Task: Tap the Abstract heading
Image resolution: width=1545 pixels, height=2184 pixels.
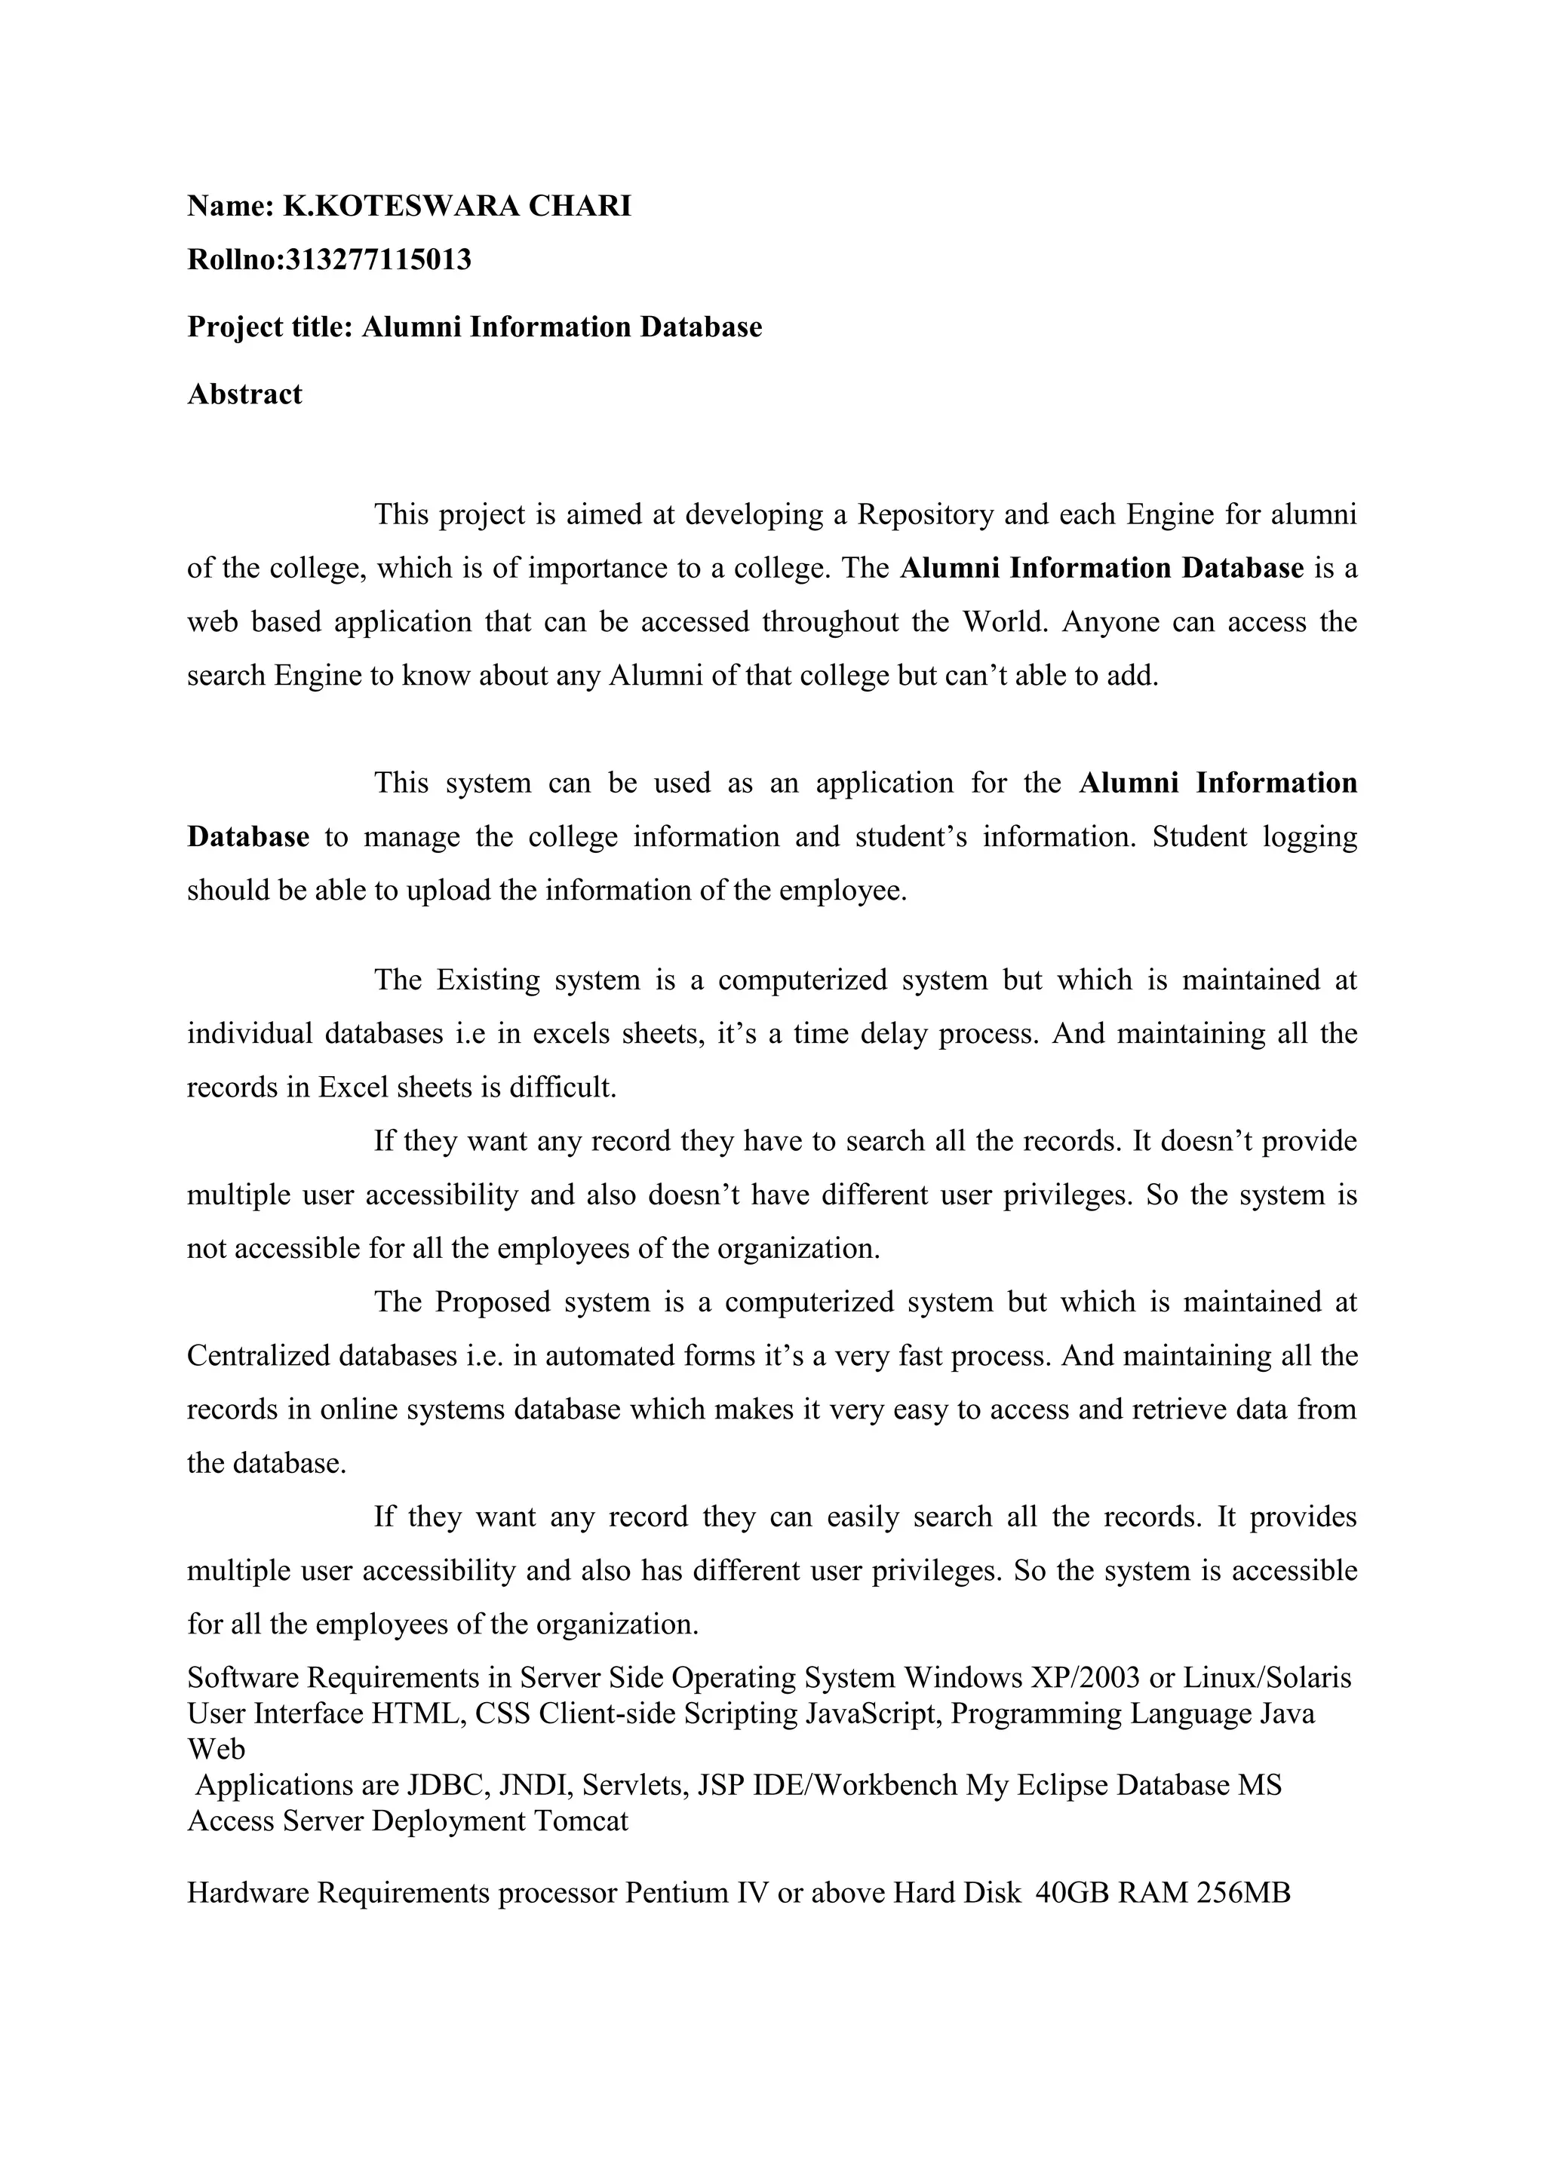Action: [x=244, y=394]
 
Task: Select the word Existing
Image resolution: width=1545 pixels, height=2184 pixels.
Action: [x=487, y=980]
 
